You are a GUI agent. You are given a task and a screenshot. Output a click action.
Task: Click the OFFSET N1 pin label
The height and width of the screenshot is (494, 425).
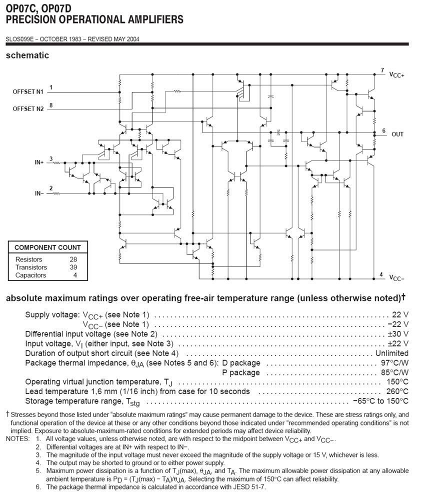28,92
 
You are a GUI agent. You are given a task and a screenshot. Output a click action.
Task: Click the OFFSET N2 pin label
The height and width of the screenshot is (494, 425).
28,108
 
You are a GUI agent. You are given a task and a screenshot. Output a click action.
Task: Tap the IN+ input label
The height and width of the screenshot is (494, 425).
39,162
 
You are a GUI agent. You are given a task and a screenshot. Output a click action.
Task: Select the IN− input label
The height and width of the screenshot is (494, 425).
39,193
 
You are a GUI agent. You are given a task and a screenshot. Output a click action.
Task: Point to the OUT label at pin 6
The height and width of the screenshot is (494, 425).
397,134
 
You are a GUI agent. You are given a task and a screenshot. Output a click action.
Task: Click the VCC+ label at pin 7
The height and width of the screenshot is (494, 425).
397,74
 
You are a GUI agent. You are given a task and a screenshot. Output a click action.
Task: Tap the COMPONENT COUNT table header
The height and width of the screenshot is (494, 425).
47,247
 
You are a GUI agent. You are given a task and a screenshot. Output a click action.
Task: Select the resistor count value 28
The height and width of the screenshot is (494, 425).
73,259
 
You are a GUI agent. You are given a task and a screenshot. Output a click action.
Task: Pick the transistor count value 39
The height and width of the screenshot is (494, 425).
73,267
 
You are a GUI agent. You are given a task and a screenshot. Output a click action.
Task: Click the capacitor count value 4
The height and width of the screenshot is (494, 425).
75,275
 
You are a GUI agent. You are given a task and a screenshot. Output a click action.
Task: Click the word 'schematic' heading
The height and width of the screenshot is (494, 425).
27,55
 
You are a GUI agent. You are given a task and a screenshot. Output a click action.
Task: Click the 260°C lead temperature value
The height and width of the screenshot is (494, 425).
397,391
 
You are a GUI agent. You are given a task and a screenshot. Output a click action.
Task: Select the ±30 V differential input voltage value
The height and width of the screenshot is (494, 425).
398,334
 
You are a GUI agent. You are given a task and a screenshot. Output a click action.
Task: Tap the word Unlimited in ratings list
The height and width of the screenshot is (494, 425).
392,353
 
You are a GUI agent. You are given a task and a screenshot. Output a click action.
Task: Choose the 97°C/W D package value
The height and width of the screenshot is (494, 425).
394,362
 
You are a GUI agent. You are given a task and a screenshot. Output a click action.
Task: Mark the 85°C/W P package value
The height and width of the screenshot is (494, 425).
394,372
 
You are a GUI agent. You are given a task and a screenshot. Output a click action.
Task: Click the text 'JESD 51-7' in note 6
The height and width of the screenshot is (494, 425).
249,487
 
